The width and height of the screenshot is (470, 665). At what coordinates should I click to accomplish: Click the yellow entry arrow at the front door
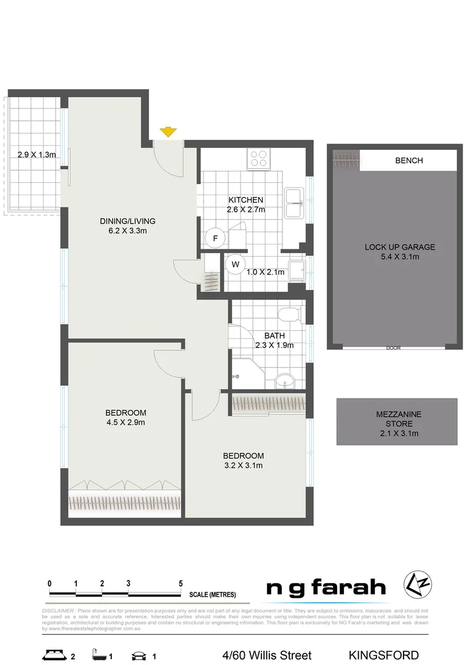(168, 132)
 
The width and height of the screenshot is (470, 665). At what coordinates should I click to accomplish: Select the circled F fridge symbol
(215, 238)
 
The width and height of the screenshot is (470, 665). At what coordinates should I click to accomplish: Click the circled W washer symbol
(234, 265)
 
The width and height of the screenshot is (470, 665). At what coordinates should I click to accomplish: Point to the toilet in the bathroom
(287, 315)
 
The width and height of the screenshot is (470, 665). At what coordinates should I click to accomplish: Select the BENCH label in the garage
(408, 161)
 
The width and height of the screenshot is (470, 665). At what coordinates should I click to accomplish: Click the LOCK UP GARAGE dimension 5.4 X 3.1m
(399, 257)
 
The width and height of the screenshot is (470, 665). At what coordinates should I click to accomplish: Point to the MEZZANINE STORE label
(399, 419)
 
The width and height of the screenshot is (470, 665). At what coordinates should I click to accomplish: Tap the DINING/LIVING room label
(127, 221)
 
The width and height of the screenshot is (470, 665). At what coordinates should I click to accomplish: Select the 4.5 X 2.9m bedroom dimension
(125, 422)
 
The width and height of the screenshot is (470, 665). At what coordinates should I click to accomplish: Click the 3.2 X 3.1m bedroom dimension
(243, 465)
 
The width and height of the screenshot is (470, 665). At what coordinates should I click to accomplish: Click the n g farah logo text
(325, 588)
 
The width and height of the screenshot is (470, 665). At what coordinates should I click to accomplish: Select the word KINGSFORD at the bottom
(383, 655)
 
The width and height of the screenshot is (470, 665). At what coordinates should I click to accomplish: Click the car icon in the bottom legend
(139, 655)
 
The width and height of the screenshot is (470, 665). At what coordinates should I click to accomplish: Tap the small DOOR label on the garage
(393, 348)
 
